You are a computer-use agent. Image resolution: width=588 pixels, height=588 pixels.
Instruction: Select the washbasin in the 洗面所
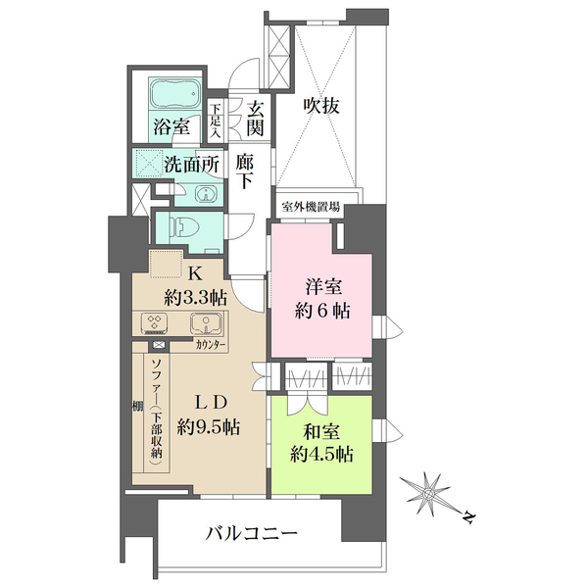click(x=206, y=195)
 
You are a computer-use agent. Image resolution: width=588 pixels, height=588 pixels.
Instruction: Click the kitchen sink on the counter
click(x=206, y=323)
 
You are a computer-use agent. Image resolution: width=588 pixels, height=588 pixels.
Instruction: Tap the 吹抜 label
click(x=321, y=106)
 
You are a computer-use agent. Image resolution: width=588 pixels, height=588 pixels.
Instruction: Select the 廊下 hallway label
click(x=245, y=172)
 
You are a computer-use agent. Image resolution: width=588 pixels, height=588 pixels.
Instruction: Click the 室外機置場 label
click(x=311, y=207)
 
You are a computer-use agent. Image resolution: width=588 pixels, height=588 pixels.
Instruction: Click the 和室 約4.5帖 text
click(x=321, y=444)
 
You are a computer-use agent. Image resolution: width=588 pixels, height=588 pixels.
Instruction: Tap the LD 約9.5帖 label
click(x=209, y=416)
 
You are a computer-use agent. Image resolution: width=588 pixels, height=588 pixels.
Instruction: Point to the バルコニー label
click(x=252, y=533)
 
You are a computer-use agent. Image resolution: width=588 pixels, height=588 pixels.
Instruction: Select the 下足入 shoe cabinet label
click(x=216, y=121)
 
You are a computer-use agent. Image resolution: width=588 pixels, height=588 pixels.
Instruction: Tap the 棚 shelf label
click(x=137, y=406)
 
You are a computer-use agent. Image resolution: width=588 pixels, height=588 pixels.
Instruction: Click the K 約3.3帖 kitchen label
click(x=195, y=286)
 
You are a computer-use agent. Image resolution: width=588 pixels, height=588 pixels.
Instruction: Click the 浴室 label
click(x=171, y=127)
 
